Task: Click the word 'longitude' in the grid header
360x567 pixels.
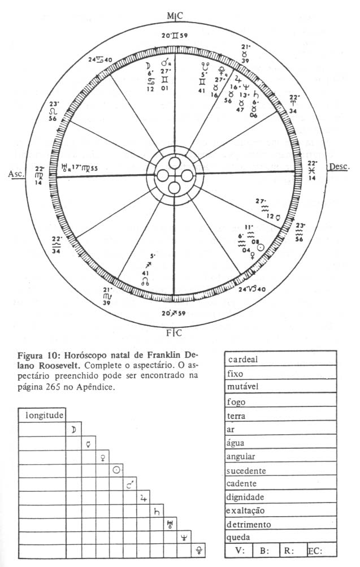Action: pos(43,415)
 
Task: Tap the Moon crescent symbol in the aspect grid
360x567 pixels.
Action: pos(74,430)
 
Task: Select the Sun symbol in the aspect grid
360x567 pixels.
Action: pos(116,470)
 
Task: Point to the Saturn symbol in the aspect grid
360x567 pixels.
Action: pos(157,511)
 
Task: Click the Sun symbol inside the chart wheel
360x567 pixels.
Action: pos(260,247)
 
